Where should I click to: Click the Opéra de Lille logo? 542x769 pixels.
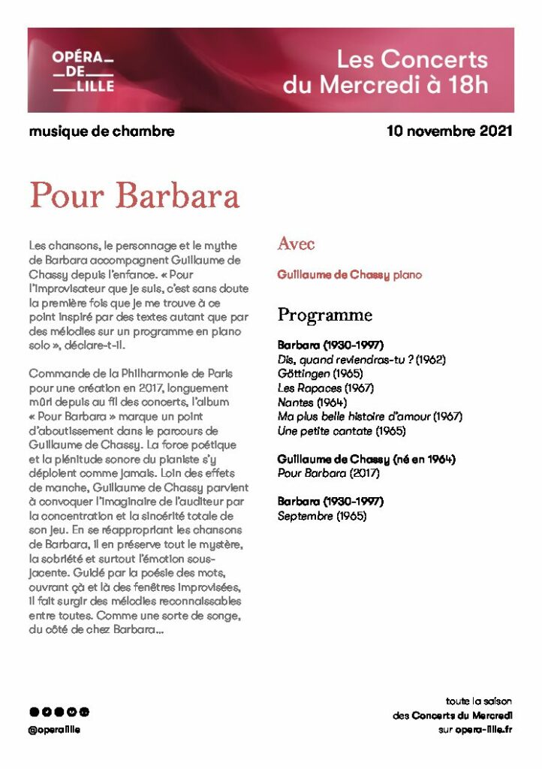click(x=83, y=71)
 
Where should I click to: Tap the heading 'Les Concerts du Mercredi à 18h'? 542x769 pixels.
click(x=385, y=71)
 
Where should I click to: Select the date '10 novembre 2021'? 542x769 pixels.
click(x=449, y=131)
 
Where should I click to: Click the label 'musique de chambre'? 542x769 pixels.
click(x=101, y=131)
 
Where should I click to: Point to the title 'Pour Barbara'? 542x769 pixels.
click(x=134, y=195)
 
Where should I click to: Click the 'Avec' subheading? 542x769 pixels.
click(x=296, y=243)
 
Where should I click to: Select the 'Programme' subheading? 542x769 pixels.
click(x=324, y=314)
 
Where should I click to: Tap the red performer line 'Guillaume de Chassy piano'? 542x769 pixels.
click(x=349, y=276)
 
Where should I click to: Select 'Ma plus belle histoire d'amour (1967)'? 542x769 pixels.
click(x=369, y=416)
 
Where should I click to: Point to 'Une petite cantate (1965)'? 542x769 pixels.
click(x=342, y=430)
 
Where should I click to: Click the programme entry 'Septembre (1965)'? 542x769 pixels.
click(x=322, y=516)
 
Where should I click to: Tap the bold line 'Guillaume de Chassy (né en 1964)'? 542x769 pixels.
click(x=366, y=459)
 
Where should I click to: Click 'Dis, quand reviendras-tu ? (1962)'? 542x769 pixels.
click(x=361, y=359)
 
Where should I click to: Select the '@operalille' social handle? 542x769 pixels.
click(x=54, y=729)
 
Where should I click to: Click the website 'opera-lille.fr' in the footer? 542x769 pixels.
click(x=483, y=729)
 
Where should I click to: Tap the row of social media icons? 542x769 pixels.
click(x=59, y=712)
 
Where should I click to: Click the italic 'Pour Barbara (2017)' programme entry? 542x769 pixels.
click(x=327, y=473)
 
